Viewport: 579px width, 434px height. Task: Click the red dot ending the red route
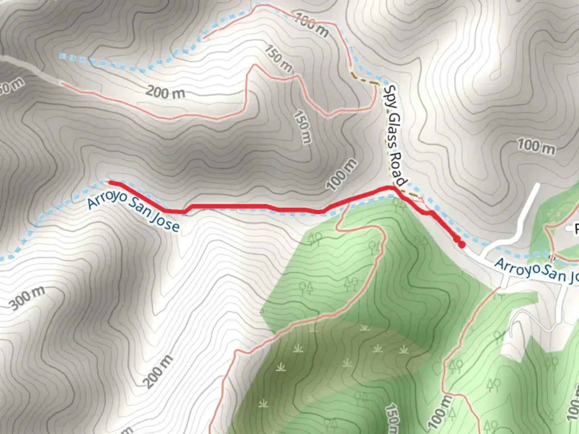point(462,244)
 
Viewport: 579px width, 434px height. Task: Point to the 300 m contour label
point(27,299)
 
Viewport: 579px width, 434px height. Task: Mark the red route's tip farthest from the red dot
point(109,182)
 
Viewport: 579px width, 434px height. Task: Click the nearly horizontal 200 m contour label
point(165,92)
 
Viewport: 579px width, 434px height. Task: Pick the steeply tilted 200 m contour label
point(158,371)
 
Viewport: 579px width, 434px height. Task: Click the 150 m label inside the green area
point(392,418)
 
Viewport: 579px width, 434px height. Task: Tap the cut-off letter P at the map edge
point(575,229)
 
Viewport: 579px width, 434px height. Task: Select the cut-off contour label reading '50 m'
point(11,86)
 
